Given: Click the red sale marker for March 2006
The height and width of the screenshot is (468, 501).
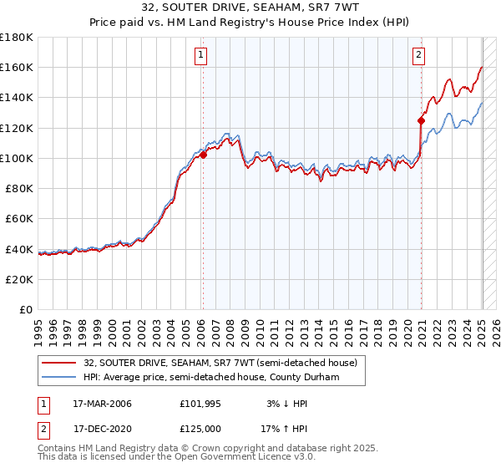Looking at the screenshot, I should (203, 154).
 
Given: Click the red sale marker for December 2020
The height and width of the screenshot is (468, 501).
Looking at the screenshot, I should (421, 120).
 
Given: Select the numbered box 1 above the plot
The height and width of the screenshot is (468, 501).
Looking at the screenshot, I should (202, 56).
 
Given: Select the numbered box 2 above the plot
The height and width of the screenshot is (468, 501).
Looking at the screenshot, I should (418, 56).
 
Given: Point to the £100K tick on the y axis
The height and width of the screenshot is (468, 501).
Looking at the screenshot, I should (17, 158).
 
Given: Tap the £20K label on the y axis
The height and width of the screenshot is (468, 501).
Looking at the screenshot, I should (20, 279).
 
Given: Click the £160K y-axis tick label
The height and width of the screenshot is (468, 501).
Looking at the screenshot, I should (17, 67).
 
